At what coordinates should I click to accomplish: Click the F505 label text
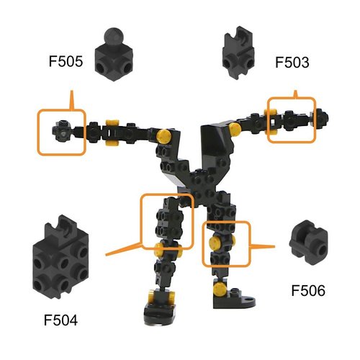(66, 63)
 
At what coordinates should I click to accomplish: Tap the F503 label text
(292, 63)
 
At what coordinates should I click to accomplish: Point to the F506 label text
(308, 292)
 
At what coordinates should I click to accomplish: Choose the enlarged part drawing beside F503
(240, 52)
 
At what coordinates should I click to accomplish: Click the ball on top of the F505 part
(114, 35)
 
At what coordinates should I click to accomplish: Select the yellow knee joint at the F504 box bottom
(158, 250)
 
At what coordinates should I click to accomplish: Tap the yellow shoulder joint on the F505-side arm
(164, 135)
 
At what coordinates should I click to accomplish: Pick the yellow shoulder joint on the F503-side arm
(235, 130)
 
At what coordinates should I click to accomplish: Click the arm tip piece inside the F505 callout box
(61, 132)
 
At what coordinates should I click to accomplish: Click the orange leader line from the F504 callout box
(122, 248)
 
